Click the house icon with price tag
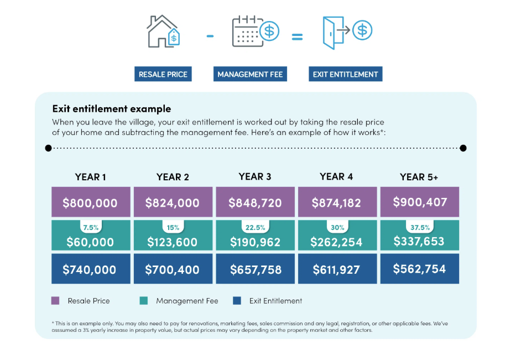163,31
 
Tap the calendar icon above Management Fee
254,31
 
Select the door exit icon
346,31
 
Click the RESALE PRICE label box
163,74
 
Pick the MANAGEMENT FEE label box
250,74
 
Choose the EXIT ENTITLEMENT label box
345,74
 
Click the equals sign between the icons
297,38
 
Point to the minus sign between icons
210,37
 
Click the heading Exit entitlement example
111,109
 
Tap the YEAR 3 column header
255,177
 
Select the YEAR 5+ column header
419,177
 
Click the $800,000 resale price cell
90,202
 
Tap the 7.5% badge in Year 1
90,227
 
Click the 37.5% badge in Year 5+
419,227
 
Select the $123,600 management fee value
173,242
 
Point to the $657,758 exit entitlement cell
255,269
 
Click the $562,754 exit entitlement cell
419,269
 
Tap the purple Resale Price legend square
55,301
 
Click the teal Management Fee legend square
144,301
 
